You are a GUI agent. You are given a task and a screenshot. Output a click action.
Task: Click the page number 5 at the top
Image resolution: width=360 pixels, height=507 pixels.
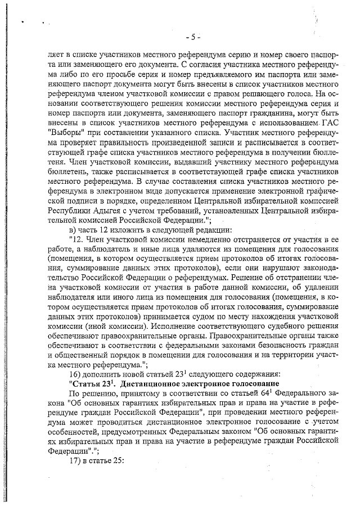pyautogui.click(x=192, y=38)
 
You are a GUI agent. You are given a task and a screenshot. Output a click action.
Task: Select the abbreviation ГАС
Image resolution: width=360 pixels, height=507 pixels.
pyautogui.click(x=327, y=124)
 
